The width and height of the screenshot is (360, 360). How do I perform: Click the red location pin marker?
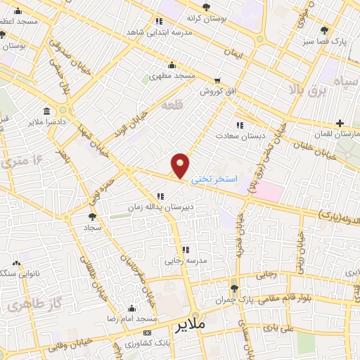tap(181, 166)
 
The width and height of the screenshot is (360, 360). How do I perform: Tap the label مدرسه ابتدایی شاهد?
tap(160, 33)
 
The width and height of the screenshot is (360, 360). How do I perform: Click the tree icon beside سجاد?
tap(93, 217)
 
